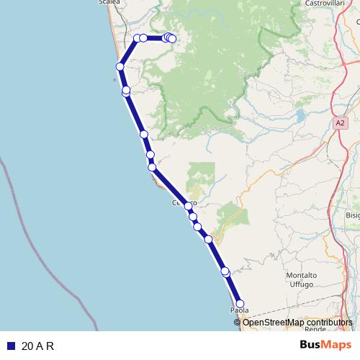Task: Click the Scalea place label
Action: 109,3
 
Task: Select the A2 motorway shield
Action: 341,123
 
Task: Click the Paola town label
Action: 239,310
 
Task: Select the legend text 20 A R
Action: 38,346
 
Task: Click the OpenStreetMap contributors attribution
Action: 293,323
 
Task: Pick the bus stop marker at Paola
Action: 240,304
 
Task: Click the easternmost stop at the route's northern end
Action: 172,39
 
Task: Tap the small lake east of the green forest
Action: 298,114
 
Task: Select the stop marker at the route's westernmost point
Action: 120,67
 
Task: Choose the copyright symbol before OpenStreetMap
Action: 238,323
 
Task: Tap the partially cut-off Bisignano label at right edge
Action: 352,215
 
